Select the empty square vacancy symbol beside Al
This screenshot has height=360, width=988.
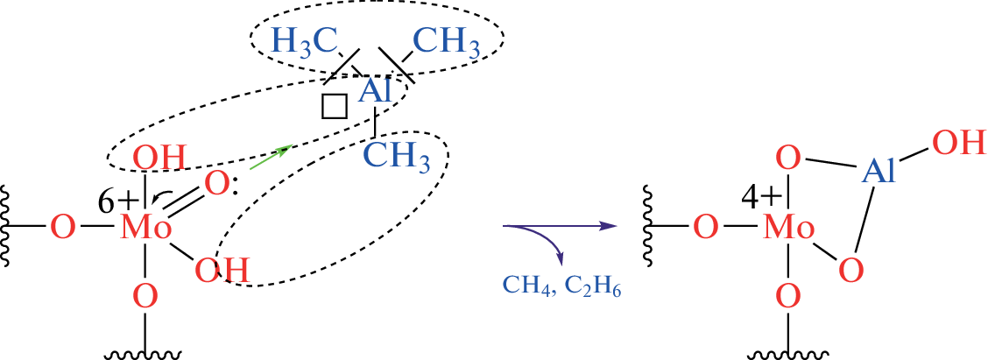335,106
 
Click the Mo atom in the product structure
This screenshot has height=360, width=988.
789,229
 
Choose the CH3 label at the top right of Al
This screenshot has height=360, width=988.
447,41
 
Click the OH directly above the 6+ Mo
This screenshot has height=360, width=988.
159,160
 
